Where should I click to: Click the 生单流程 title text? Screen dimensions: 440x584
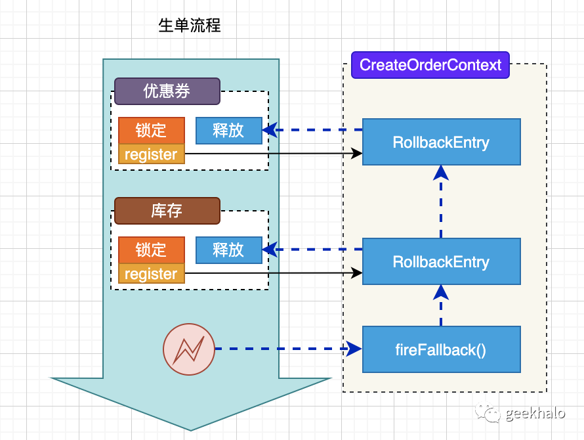190,26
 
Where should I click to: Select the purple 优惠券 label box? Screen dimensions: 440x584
167,91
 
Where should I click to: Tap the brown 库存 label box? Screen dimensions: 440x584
167,211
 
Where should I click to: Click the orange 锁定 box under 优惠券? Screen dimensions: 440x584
152,130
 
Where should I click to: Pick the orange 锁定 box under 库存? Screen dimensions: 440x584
152,250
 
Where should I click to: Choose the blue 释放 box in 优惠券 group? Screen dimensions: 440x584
228,130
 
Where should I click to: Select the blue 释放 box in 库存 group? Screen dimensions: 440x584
228,250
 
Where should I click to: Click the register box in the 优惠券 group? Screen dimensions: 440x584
152,155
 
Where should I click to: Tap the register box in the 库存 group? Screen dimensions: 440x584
152,274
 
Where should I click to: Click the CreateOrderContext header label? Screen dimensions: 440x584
430,65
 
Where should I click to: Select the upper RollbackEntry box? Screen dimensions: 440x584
441,142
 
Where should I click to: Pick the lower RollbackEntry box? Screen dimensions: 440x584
441,261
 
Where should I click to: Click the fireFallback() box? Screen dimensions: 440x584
441,349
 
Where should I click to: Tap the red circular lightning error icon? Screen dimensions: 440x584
189,349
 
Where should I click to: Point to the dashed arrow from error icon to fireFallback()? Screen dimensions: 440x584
289,349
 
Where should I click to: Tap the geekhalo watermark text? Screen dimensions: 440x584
535,413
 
